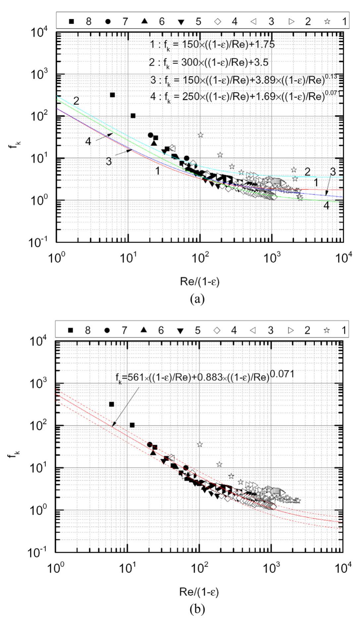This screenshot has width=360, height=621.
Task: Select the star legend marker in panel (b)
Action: pos(327,330)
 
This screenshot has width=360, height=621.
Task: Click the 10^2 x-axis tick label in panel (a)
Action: pos(200,258)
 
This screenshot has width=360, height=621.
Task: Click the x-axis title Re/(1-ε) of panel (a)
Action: pos(200,282)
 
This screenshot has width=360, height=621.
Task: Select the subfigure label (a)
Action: pos(198,299)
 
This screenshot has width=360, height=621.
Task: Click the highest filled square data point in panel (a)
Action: pos(112,95)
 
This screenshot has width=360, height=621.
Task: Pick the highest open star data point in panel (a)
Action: pos(200,135)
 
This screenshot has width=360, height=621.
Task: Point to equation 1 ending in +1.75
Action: pos(212,44)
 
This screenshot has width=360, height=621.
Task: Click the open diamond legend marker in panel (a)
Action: pos(218,22)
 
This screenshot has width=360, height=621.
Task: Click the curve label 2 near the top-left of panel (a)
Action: pos(76,101)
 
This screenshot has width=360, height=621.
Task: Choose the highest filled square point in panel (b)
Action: pos(111,404)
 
